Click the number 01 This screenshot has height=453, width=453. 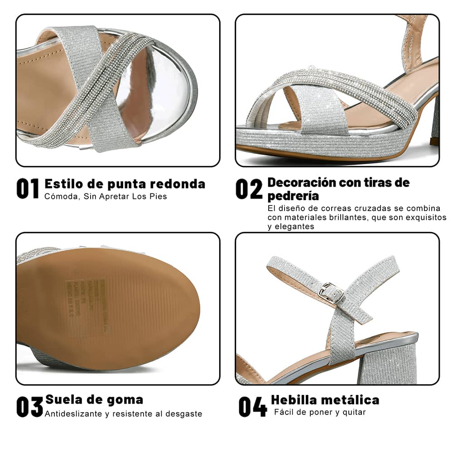click(28, 188)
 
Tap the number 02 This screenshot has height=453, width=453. click(249, 188)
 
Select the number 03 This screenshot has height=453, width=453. click(29, 406)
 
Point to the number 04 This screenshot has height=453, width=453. click(253, 406)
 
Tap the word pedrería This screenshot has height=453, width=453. click(293, 196)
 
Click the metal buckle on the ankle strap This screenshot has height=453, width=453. click(331, 294)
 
